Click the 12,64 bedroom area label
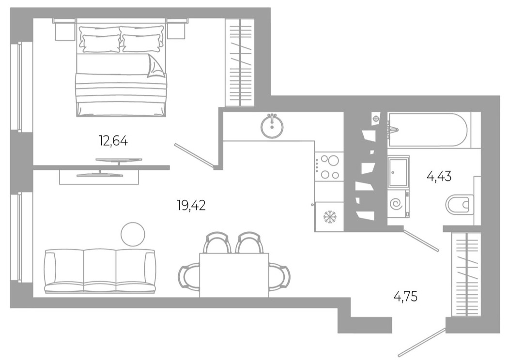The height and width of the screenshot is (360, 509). coord(113,141)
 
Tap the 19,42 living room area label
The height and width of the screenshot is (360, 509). coord(191,206)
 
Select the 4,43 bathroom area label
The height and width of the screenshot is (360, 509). coord(439,176)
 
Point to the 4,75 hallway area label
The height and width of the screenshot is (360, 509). coord(405,295)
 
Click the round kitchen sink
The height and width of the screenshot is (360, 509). coord(272,126)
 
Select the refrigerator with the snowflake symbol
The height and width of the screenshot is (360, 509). coord(329,217)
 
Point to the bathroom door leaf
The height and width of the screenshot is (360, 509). coord(421,240)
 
